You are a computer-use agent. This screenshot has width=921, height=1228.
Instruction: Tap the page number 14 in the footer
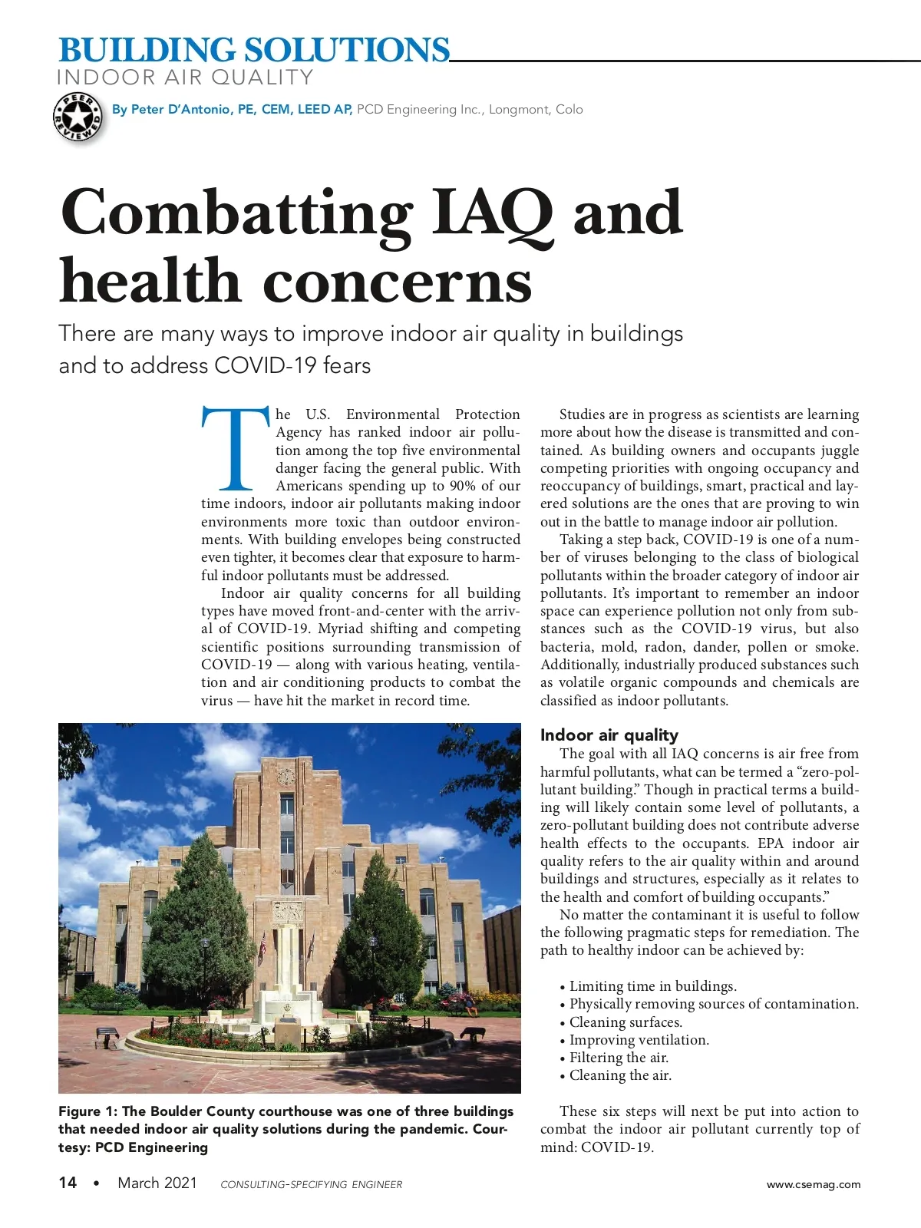(x=68, y=1183)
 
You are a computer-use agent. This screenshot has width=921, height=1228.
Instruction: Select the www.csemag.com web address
(x=814, y=1184)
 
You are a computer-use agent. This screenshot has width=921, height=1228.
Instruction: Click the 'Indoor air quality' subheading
(x=609, y=734)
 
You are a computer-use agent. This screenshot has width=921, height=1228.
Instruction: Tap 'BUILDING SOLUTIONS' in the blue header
(x=254, y=51)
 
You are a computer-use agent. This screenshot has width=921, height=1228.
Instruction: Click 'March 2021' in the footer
(x=157, y=1183)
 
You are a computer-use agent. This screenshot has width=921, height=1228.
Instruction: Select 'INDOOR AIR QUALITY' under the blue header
(x=185, y=78)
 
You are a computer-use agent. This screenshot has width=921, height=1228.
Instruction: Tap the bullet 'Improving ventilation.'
(x=639, y=1040)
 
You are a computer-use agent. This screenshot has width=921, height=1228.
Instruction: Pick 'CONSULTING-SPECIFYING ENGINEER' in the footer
(x=311, y=1184)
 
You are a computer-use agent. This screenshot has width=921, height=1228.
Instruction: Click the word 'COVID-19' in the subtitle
(x=266, y=365)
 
